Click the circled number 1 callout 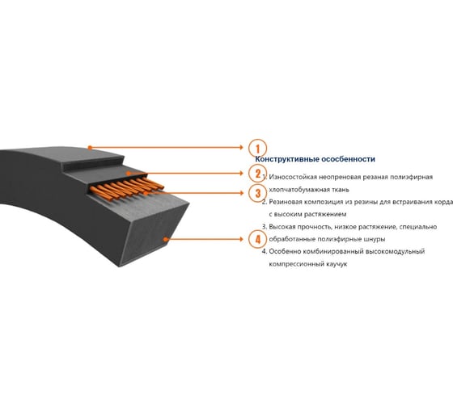click(x=257, y=148)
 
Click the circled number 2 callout click(x=257, y=174)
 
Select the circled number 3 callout click(x=257, y=193)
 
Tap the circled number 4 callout click(x=257, y=239)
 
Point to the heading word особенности click(x=349, y=159)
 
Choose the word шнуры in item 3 click(x=375, y=239)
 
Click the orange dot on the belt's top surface click(x=90, y=148)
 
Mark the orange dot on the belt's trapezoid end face click(x=165, y=239)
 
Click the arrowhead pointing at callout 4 click(x=242, y=239)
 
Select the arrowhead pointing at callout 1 click(x=242, y=148)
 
